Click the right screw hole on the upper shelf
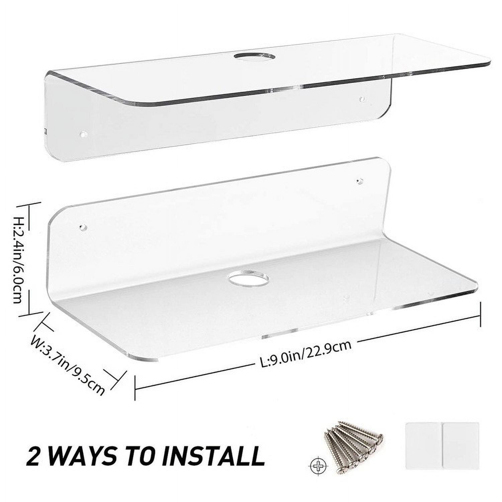tap(362, 99)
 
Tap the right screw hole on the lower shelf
tap(360, 181)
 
